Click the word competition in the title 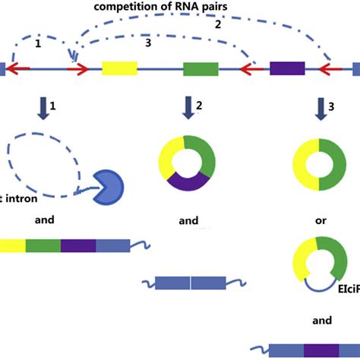click(124, 7)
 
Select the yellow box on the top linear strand click(119, 69)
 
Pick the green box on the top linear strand click(200, 69)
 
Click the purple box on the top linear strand click(288, 69)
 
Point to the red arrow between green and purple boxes click(251, 70)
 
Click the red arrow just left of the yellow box click(77, 70)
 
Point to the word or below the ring click(322, 221)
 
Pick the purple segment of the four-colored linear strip click(78, 245)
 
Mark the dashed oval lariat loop click(46, 163)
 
